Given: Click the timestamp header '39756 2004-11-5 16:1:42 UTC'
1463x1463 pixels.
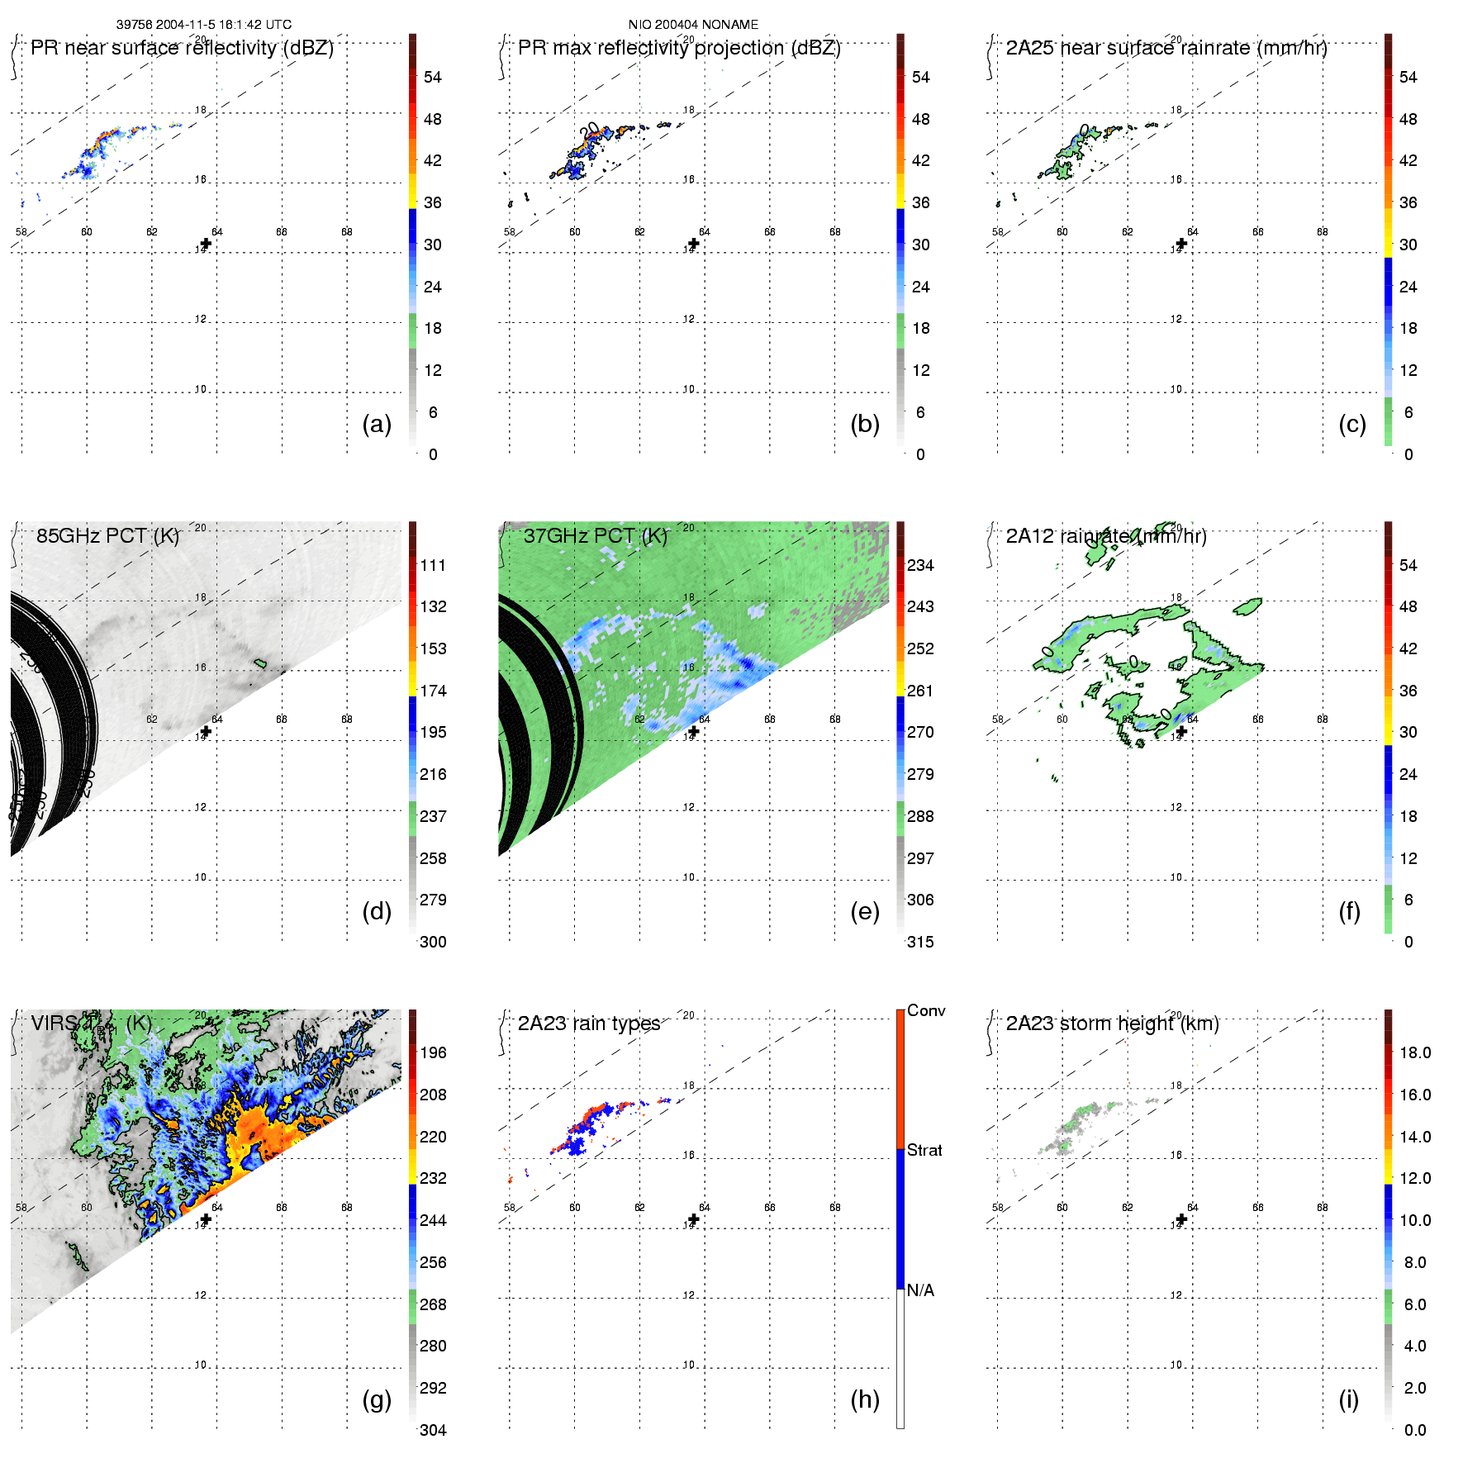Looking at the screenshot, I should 203,25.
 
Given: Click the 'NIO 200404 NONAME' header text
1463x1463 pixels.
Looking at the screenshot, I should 693,25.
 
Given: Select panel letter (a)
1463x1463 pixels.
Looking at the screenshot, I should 377,424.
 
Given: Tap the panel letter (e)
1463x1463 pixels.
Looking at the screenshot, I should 865,911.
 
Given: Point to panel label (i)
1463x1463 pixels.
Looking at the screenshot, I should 1349,1399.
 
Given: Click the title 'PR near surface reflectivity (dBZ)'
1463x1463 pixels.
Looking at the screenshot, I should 182,48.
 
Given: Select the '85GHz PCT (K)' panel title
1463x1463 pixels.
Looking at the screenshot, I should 107,536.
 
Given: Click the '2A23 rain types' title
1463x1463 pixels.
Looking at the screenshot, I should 589,1024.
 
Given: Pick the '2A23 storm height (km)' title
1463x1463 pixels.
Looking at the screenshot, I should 1112,1024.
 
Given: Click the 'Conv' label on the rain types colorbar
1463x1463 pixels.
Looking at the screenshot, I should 926,1010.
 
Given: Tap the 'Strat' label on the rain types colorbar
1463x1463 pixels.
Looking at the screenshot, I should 924,1150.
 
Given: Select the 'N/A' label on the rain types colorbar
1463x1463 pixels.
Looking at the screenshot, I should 920,1290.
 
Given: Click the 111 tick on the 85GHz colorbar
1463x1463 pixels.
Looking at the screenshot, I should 433,565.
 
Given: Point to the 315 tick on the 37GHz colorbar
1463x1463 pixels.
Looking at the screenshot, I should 920,942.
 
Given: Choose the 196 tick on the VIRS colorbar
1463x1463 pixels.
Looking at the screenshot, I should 433,1052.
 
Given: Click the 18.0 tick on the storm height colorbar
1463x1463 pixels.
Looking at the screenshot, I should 1415,1052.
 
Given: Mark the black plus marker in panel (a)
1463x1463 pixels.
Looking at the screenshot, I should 206,244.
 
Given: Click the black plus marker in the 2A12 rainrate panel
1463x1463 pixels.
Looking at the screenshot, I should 1181,731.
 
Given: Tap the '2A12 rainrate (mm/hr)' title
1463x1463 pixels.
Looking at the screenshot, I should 1106,536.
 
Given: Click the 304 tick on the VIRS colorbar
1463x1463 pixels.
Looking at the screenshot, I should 433,1430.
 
